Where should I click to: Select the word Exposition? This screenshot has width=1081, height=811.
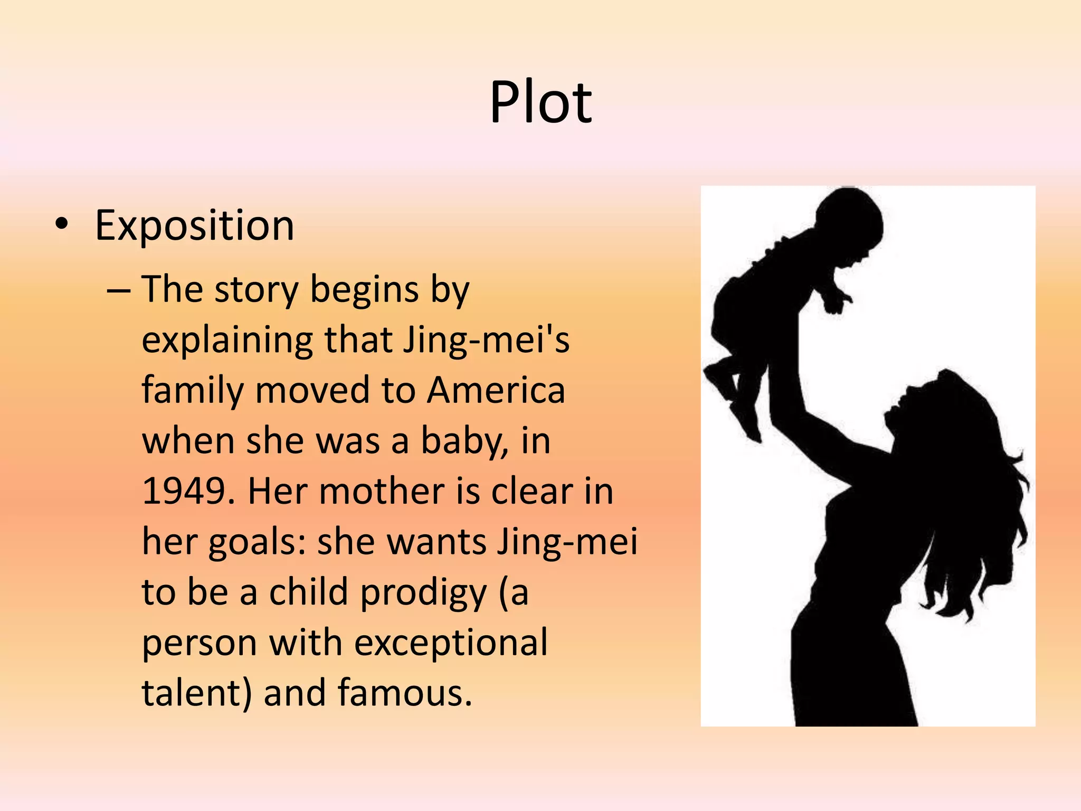coord(194,226)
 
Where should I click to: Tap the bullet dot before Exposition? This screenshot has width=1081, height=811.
coord(61,224)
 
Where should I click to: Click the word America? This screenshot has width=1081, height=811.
coord(496,391)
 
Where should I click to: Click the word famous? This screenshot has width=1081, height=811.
coord(405,693)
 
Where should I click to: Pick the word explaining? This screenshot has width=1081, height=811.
coord(227,341)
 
